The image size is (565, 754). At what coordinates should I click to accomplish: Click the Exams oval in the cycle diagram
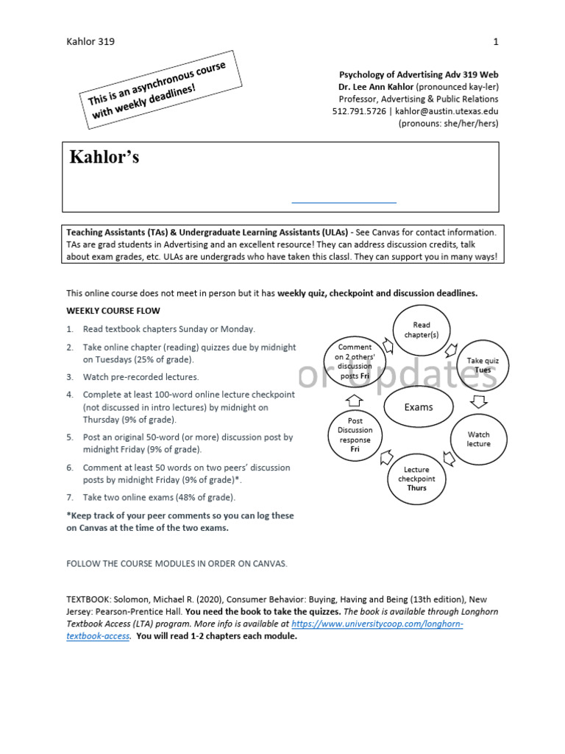[418, 407]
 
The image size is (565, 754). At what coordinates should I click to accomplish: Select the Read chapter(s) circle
[421, 329]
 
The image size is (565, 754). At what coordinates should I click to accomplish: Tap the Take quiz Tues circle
[482, 364]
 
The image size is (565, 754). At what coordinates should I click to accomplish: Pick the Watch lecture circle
[478, 439]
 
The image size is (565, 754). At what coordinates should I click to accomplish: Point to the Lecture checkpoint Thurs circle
[416, 479]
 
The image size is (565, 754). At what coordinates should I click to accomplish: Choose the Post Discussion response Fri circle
[355, 435]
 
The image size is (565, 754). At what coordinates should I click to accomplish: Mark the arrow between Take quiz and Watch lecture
[479, 401]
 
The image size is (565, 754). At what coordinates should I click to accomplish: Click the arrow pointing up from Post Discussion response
[354, 399]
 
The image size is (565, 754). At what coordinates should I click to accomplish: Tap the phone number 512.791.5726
[359, 111]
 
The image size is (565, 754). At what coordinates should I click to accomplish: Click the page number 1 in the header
[496, 41]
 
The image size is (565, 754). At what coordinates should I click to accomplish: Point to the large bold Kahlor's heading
[104, 158]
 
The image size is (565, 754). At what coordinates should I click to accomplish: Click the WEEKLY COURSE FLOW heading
[113, 311]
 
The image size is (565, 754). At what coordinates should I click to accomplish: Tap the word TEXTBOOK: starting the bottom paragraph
[89, 600]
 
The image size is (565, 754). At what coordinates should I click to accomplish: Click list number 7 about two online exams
[70, 498]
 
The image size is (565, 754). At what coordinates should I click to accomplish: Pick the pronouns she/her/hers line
[448, 123]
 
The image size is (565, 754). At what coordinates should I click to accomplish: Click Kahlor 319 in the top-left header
[90, 41]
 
